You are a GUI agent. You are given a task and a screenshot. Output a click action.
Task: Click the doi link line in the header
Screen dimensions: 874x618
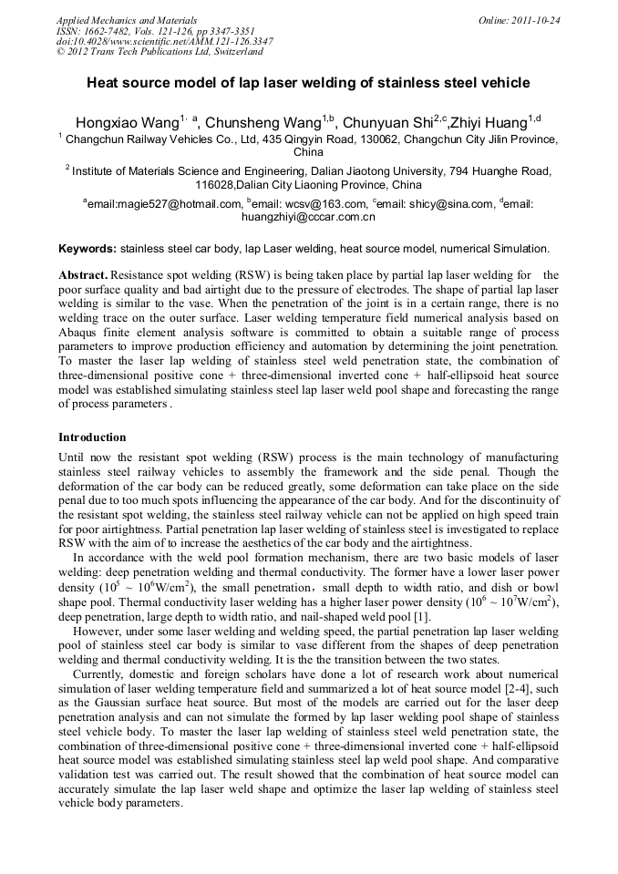click(x=164, y=41)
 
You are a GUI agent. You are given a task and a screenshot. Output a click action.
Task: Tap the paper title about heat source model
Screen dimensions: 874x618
click(x=308, y=83)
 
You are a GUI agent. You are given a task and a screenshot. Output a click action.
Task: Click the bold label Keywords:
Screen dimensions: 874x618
click(x=88, y=248)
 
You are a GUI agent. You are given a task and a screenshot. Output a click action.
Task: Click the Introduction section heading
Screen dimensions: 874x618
click(x=92, y=437)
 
